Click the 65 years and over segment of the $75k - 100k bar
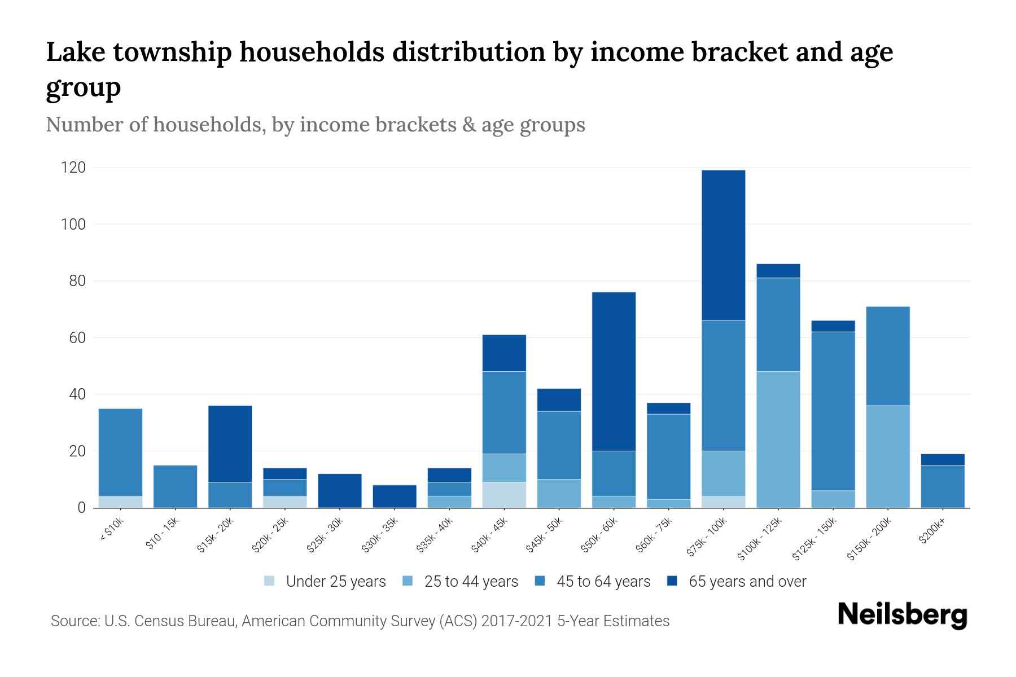pos(723,245)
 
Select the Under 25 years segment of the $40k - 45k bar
pos(504,495)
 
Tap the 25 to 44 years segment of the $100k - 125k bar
pos(778,439)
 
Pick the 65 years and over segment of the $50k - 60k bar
pos(614,371)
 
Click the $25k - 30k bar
pos(340,490)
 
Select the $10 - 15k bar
pos(175,486)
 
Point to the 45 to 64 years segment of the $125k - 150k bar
pos(833,411)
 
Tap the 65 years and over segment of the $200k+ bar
pos(942,459)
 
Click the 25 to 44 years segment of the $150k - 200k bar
pos(887,456)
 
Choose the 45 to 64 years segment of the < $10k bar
pos(120,452)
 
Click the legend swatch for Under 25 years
pos(269,581)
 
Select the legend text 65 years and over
pos(747,581)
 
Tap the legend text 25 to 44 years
pos(471,581)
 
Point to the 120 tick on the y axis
pos(74,168)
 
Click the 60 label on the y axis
pos(77,337)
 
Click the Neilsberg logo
pos(902,615)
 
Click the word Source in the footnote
pos(73,621)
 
